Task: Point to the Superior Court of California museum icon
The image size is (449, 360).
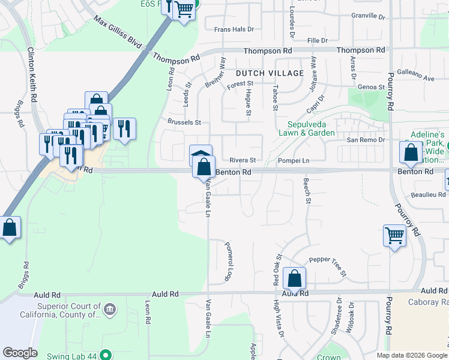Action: pos(110,310)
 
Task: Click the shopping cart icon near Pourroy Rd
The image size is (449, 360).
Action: pos(394,235)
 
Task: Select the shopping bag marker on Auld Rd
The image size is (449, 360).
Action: pos(294,278)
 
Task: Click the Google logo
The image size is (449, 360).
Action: pos(20,353)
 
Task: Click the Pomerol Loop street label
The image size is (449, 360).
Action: pos(229,262)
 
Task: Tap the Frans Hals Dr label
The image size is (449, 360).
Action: pos(234,29)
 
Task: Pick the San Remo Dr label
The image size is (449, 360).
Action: pos(366,140)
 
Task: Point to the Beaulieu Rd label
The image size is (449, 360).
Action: pos(429,195)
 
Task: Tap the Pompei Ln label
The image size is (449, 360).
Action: pos(294,161)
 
